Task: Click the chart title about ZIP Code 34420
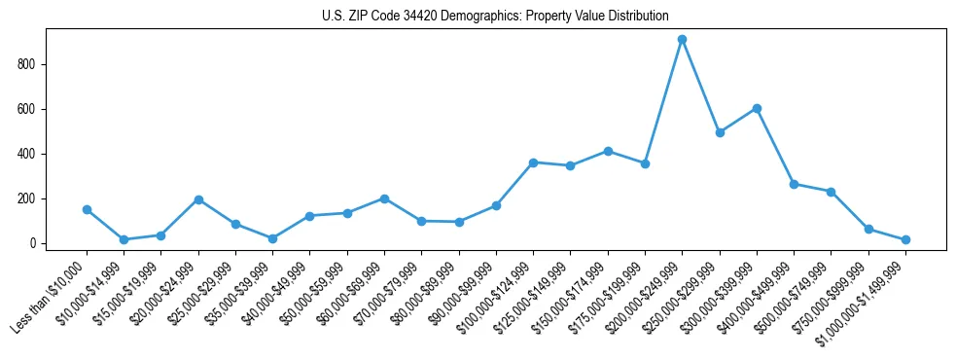coord(495,17)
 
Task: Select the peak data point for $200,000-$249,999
coord(683,40)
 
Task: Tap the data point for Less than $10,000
coord(88,209)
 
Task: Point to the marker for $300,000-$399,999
coord(757,108)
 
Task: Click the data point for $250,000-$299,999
coord(720,132)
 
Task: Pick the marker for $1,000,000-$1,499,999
coord(905,239)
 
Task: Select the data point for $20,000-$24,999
coord(198,199)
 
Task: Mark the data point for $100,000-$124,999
coord(534,162)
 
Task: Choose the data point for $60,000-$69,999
coord(385,198)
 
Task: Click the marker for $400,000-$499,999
coord(795,184)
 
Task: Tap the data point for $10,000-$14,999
coord(124,239)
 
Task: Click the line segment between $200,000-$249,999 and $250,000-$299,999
coord(701,86)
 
